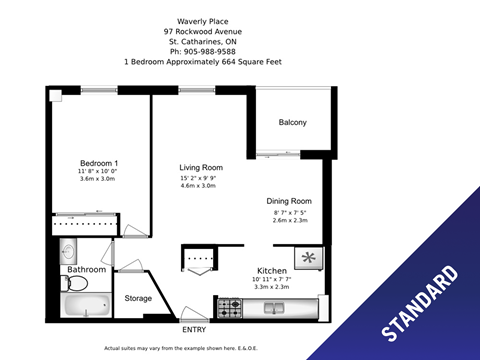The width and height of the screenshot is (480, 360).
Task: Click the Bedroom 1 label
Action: click(x=100, y=163)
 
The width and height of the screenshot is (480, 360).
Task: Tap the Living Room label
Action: click(x=200, y=167)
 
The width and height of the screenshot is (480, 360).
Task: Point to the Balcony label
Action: click(x=291, y=123)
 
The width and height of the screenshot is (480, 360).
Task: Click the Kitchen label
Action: click(x=272, y=271)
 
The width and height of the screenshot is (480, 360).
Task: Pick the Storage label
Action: click(x=138, y=298)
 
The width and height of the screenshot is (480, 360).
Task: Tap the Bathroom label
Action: click(x=86, y=270)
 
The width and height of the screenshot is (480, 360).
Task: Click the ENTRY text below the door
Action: click(x=193, y=329)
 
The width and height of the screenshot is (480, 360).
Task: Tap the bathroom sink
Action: click(x=68, y=250)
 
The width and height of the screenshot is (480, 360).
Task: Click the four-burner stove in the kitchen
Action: click(x=230, y=308)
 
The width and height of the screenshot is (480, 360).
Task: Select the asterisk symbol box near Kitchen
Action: click(x=310, y=258)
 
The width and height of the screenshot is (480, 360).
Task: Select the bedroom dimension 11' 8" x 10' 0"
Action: click(x=100, y=173)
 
